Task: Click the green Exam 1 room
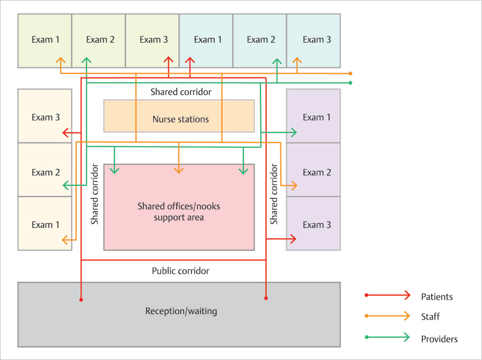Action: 45,40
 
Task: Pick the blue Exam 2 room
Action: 260,40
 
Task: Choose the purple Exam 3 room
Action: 313,224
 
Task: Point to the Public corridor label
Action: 181,271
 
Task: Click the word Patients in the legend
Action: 437,297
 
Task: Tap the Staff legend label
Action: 430,317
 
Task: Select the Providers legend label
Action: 439,339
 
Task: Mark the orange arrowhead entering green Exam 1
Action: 60,60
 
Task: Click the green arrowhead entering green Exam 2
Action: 87,60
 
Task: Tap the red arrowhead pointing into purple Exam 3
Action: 292,239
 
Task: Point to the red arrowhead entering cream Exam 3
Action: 66,133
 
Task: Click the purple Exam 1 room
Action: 313,117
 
